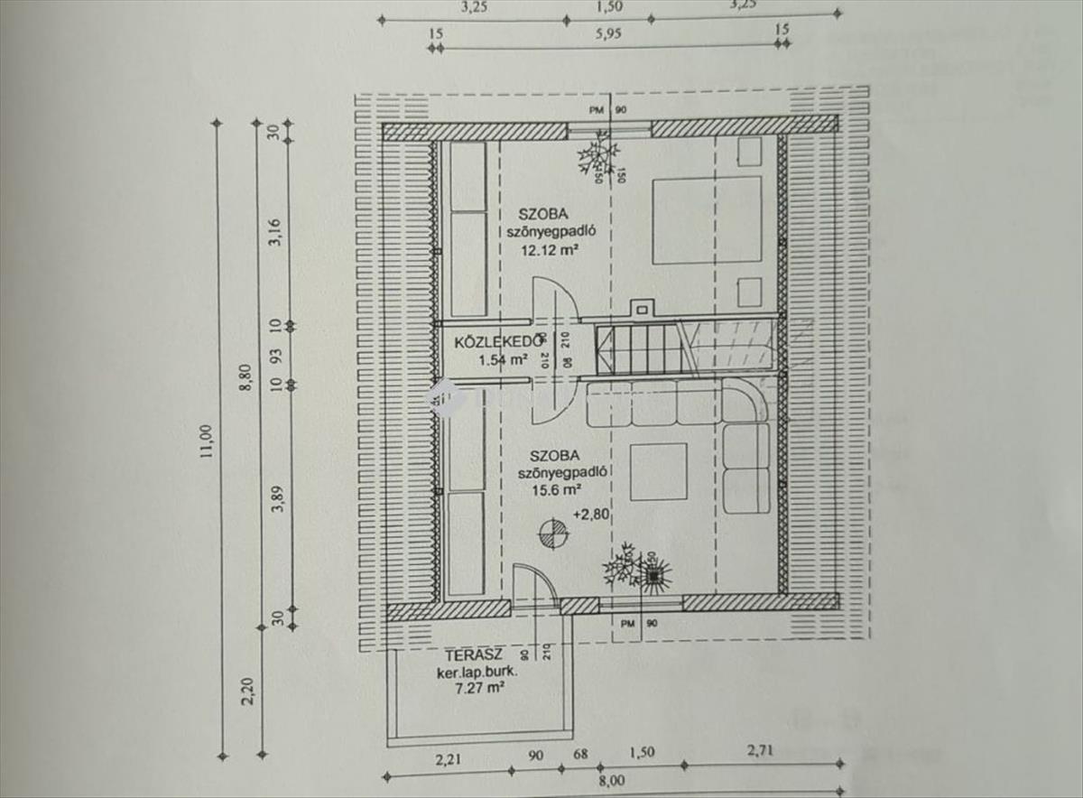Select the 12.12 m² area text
548,250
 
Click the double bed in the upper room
707,219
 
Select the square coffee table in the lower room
658,471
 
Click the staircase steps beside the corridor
636,348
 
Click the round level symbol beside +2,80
551,534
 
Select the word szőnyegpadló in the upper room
555,232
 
